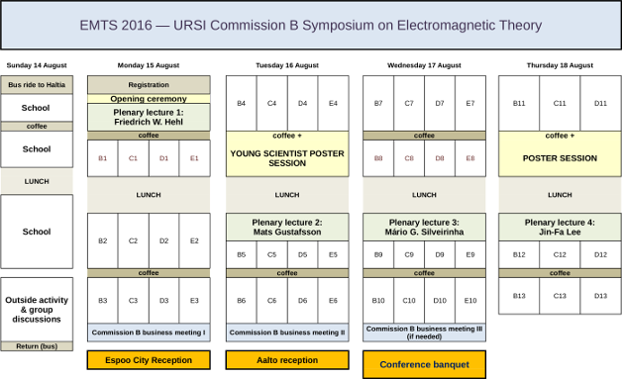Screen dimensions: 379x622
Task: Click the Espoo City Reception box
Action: point(149,360)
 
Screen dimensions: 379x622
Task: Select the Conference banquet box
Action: point(424,364)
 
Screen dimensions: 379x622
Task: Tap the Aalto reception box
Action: point(287,360)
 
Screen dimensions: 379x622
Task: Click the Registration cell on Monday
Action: point(149,85)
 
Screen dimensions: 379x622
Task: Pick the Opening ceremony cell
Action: point(149,99)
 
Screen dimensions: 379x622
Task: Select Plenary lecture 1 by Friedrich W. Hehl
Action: point(149,117)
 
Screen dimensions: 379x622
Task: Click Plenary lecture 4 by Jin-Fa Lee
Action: point(560,228)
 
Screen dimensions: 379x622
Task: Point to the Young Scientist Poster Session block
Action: point(287,158)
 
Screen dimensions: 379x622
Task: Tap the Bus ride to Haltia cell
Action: point(37,85)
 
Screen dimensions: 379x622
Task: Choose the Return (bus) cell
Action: point(37,346)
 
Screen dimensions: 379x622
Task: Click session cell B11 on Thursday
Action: point(519,103)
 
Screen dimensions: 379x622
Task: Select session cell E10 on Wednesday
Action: point(470,300)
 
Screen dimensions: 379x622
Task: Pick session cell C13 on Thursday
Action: point(560,295)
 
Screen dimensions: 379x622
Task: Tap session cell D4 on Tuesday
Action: point(303,103)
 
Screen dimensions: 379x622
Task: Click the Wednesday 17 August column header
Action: point(424,65)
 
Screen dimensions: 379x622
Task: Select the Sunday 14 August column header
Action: point(37,65)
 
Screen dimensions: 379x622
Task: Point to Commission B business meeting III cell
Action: point(424,332)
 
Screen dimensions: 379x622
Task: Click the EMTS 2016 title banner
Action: point(311,25)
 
